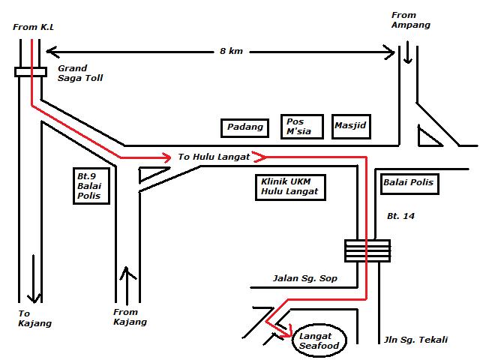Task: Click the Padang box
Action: click(245, 127)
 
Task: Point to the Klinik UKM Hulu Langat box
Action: click(289, 187)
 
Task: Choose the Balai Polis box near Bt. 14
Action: click(409, 182)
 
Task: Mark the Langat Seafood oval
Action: click(319, 340)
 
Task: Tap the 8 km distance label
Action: click(231, 51)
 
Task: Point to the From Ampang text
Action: click(411, 19)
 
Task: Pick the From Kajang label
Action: click(130, 316)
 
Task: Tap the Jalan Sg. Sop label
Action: click(305, 279)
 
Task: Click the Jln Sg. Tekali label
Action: click(415, 340)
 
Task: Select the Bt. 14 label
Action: click(401, 216)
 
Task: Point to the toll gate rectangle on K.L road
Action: click(30, 72)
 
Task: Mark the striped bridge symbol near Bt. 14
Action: click(367, 250)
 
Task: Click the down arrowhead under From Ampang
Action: click(406, 59)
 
